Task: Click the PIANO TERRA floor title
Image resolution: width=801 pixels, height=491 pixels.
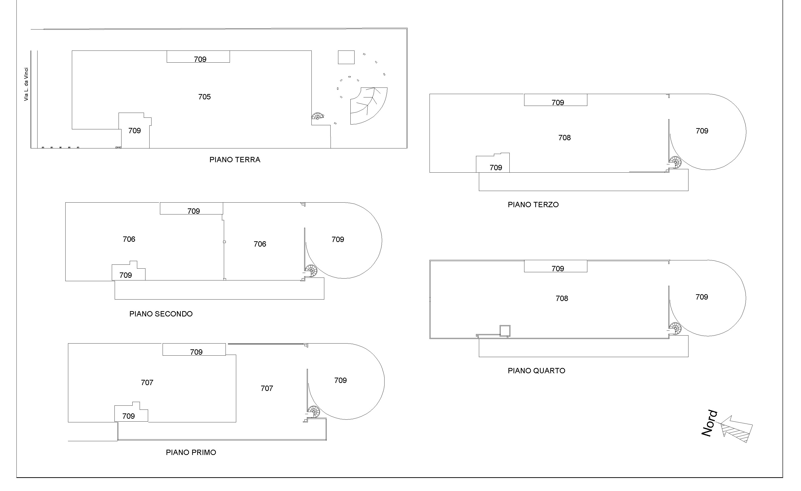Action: point(235,160)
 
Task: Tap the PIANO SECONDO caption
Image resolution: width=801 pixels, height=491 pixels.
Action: point(161,314)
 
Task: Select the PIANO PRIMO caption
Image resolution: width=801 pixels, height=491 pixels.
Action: point(191,452)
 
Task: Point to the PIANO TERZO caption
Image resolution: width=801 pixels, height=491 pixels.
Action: point(533,205)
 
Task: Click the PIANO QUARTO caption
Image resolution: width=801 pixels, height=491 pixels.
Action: point(537,371)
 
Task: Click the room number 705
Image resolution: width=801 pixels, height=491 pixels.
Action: point(204,97)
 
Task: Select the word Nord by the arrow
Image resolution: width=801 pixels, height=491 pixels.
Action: point(709,424)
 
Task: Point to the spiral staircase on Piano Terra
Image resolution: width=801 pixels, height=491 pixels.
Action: point(317,116)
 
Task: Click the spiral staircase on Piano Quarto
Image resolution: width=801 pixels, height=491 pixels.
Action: point(675,328)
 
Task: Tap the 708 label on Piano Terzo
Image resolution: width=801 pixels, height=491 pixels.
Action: point(564,138)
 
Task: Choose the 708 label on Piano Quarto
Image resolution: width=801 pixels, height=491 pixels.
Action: point(562,298)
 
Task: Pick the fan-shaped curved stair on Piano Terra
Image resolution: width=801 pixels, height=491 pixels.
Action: point(369,106)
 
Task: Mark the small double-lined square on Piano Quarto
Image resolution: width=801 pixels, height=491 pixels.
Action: point(505,330)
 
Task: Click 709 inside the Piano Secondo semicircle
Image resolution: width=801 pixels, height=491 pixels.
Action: point(338,240)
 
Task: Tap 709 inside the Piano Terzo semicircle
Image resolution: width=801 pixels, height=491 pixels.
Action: point(702,131)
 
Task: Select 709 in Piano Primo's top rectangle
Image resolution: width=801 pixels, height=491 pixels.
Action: point(196,352)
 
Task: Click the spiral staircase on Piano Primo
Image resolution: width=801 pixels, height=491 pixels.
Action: point(314,412)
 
